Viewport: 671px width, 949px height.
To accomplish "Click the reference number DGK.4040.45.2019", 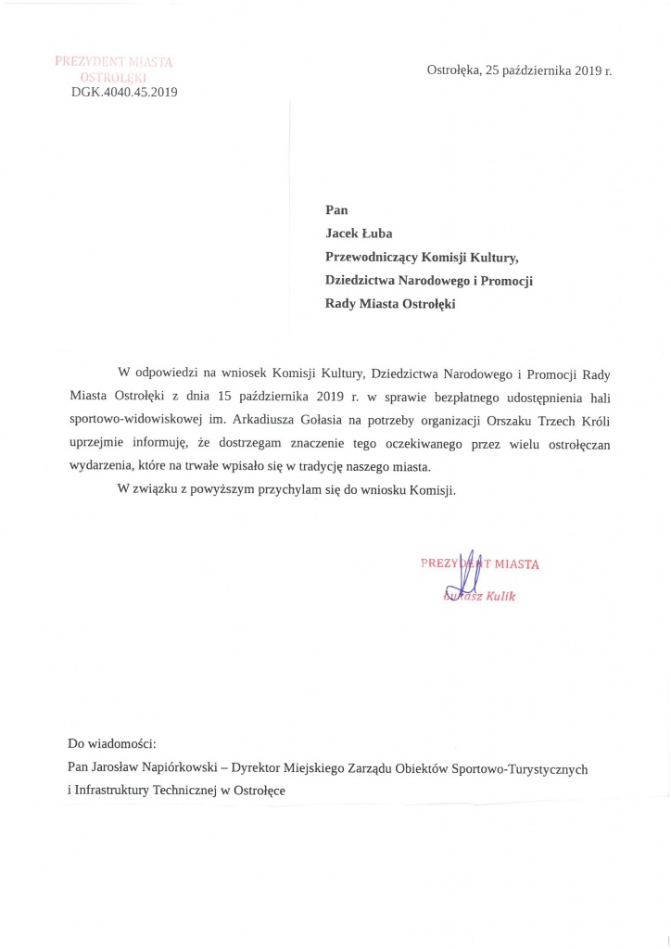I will [x=124, y=92].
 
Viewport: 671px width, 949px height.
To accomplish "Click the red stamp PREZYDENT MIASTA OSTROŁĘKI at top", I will [x=113, y=69].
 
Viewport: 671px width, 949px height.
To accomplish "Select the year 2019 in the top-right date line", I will [x=581, y=70].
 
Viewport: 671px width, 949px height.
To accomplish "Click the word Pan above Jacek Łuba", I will [x=336, y=210].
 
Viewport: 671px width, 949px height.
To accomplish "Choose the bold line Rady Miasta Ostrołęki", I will [x=390, y=303].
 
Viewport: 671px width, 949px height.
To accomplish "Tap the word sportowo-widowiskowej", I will [x=129, y=420].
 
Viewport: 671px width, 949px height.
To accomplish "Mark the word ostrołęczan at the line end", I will [x=576, y=443].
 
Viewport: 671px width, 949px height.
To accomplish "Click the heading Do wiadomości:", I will [x=112, y=743].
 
